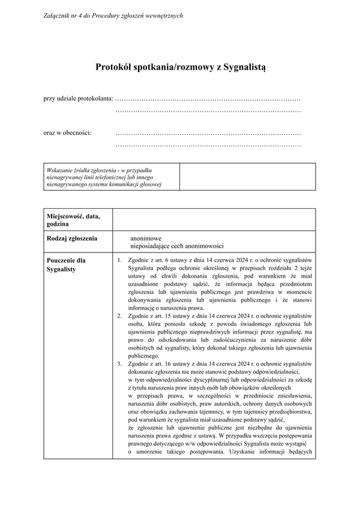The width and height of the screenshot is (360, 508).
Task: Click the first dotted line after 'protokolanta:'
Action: (207, 98)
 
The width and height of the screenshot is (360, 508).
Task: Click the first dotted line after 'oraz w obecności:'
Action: (207, 132)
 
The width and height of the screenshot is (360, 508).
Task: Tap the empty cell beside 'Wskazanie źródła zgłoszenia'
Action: (247, 176)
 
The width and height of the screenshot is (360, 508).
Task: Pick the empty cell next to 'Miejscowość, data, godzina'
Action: (213, 220)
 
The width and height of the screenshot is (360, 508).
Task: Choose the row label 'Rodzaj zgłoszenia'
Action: (71, 238)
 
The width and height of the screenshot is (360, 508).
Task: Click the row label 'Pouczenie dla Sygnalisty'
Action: (66, 265)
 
